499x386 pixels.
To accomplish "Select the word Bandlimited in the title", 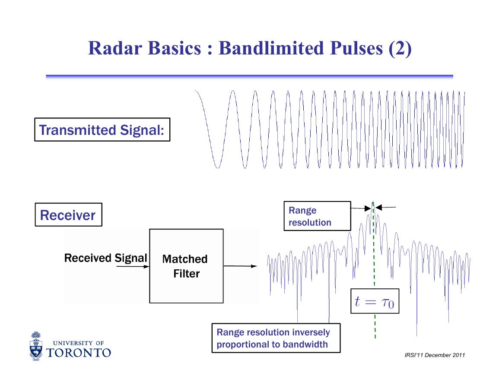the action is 271,48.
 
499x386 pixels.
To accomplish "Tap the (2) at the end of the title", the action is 400,49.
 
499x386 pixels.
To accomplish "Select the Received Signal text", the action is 106,258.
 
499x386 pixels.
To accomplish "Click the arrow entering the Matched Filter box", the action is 133,266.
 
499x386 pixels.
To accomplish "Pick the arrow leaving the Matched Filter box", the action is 240,266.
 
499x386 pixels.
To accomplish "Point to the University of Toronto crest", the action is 36,346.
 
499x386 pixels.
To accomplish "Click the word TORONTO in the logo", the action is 79,353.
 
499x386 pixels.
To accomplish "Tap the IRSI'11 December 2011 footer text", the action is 435,355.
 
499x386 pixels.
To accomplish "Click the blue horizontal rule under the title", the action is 250,77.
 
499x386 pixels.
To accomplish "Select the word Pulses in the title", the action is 356,48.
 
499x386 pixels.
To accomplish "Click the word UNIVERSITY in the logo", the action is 73,343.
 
